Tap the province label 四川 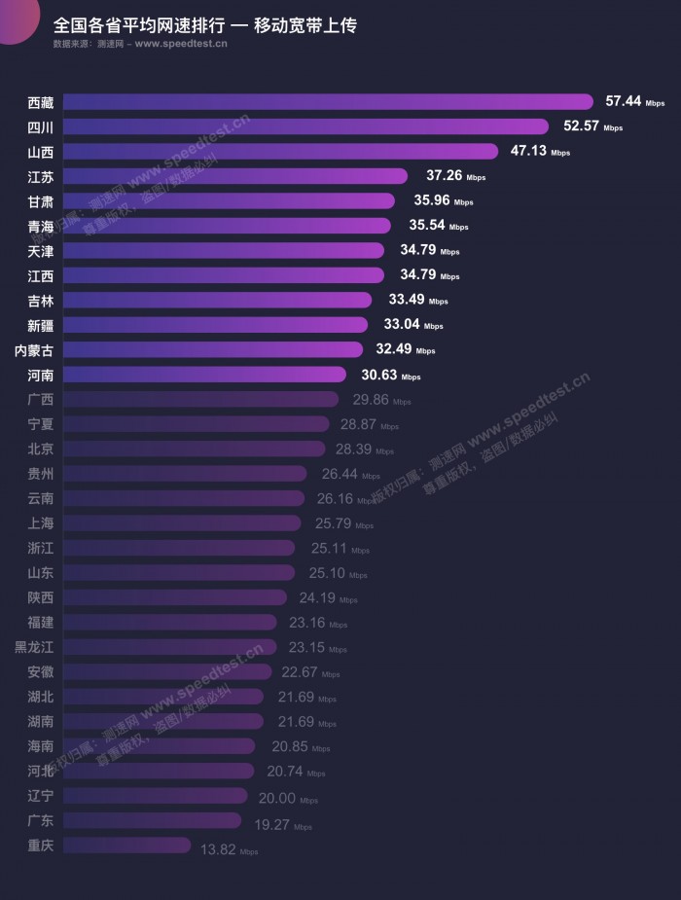click(41, 126)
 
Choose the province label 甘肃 click(41, 200)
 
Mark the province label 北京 click(41, 449)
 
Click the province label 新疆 click(41, 325)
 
